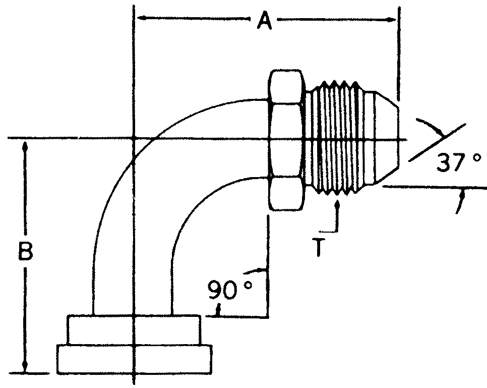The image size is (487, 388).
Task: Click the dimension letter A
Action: click(264, 21)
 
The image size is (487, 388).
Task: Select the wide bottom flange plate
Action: click(134, 359)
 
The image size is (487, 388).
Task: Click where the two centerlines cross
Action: click(133, 138)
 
